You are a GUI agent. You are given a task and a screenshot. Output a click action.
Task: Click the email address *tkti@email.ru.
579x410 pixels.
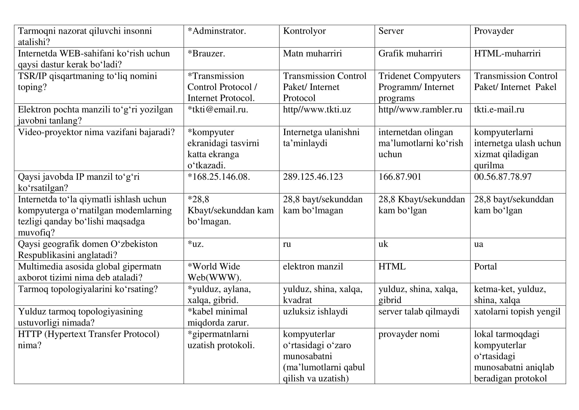(x=218, y=110)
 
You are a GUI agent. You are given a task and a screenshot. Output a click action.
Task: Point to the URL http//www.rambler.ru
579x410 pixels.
(x=420, y=110)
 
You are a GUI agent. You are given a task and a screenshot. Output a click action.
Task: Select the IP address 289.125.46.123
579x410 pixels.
(x=313, y=177)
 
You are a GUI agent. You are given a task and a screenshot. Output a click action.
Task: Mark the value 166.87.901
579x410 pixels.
(x=400, y=177)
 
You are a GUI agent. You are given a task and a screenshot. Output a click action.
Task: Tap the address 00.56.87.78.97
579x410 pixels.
(x=503, y=177)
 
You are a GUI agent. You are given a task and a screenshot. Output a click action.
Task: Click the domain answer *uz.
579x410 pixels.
(x=196, y=244)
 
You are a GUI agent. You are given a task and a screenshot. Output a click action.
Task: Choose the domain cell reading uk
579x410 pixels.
(x=383, y=244)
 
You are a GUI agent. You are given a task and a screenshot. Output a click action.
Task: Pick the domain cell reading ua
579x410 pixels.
(x=478, y=244)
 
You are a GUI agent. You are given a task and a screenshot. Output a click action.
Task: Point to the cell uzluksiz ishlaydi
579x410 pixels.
(x=315, y=312)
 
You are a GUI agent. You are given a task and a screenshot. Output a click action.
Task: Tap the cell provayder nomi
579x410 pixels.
(x=408, y=334)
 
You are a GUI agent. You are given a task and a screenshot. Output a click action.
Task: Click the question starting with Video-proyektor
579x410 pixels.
(x=96, y=132)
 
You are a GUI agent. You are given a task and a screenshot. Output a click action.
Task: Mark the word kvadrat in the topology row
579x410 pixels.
(x=297, y=300)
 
